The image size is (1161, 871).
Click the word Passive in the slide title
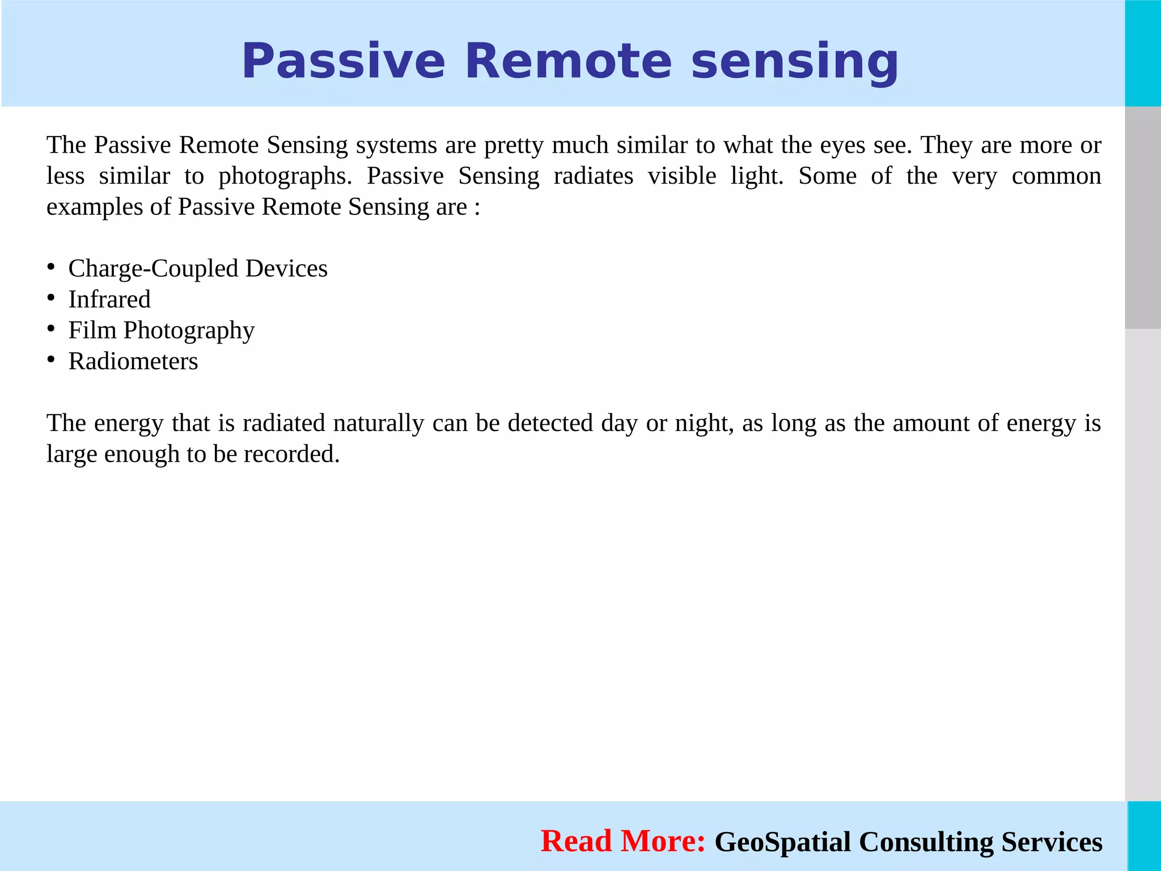coord(343,61)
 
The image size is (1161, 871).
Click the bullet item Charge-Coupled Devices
coord(198,268)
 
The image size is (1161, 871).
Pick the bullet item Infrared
coord(109,299)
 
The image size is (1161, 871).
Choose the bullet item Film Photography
coord(162,331)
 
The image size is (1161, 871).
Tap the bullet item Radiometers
coord(133,361)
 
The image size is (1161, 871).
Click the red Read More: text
coord(622,841)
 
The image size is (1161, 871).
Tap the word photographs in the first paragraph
coord(285,176)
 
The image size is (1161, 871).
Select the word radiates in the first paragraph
coord(593,176)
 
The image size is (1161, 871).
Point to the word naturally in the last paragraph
coord(379,424)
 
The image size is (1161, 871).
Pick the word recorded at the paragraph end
coord(291,454)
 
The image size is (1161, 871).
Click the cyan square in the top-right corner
coord(1143,53)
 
